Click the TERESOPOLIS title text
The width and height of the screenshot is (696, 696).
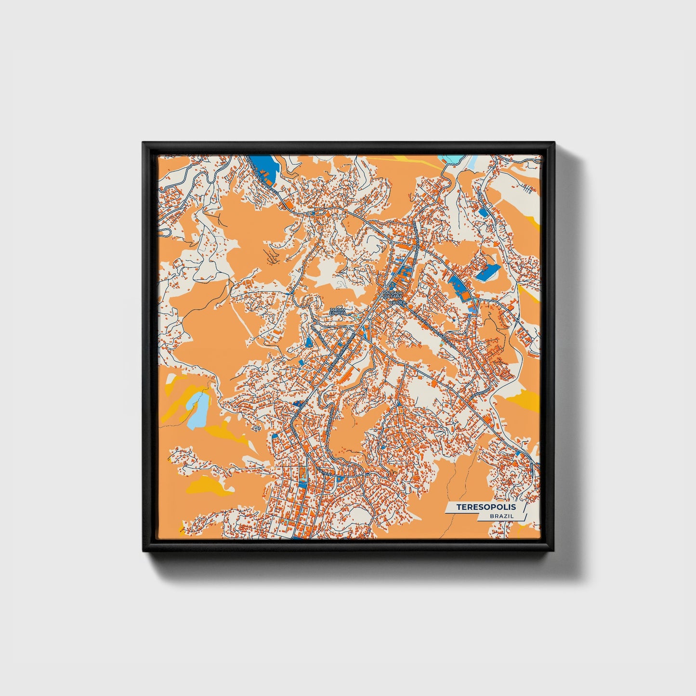pyautogui.click(x=486, y=507)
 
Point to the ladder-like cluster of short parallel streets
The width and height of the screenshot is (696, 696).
pyautogui.click(x=528, y=190)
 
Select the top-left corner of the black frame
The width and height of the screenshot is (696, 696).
pyautogui.click(x=144, y=144)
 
